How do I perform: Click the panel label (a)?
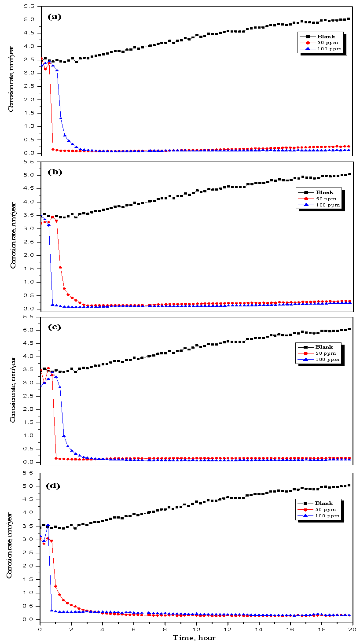point(54,17)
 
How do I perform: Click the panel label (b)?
point(54,172)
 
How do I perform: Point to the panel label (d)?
point(54,486)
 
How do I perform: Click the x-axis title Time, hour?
point(194,637)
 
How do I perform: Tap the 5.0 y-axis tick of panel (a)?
point(31,20)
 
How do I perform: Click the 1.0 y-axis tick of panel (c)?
point(31,436)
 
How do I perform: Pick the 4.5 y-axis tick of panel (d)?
point(31,500)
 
